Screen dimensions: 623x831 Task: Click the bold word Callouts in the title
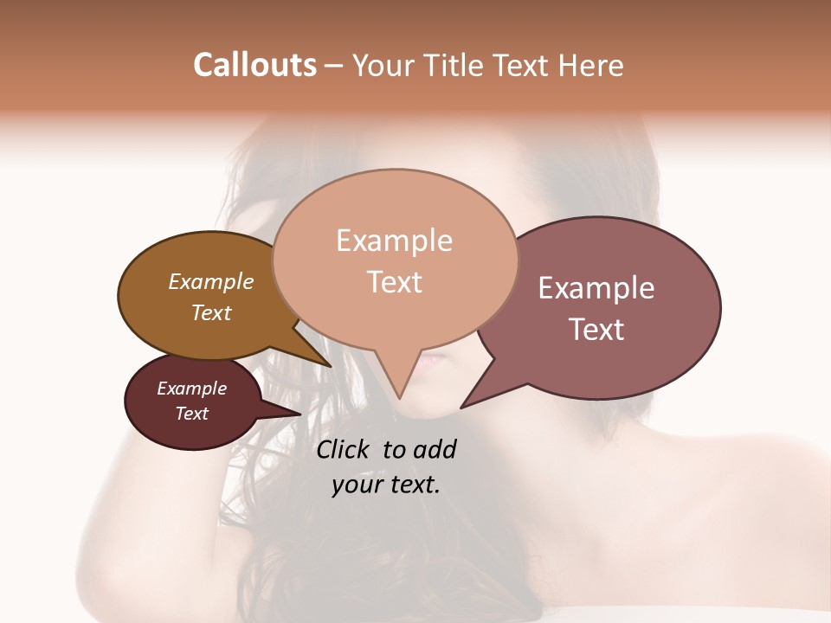point(254,65)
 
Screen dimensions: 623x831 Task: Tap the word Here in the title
point(591,66)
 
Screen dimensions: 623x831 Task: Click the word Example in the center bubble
point(394,241)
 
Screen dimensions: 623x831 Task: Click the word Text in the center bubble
point(395,282)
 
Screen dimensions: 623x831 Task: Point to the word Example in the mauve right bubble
point(596,288)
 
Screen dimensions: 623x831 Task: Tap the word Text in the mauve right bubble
point(597,330)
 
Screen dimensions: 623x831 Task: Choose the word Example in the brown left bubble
point(211,281)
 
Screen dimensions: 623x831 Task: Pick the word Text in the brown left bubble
point(211,312)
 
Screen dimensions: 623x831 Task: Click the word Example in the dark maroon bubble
point(192,389)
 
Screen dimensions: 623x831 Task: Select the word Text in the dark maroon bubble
point(192,414)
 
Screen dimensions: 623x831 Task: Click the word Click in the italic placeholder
point(345,449)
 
